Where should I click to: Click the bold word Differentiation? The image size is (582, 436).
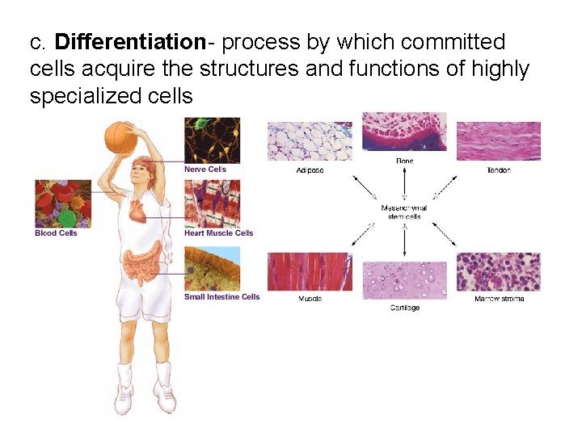(129, 42)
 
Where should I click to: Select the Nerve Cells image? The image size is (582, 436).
(212, 140)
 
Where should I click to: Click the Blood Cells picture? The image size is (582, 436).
(62, 203)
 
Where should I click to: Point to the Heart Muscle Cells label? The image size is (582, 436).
(218, 233)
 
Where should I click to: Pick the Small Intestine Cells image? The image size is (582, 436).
(212, 270)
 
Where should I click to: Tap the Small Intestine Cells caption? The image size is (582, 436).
(221, 297)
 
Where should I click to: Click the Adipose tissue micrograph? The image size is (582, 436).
(310, 142)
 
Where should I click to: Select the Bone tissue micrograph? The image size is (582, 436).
(404, 131)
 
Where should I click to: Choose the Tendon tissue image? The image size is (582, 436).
(498, 141)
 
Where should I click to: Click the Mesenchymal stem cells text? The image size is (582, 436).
(404, 212)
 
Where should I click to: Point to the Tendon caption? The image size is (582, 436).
(498, 170)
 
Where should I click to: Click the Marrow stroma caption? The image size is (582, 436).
(499, 299)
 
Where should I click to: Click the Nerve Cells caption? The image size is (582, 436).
(205, 170)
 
